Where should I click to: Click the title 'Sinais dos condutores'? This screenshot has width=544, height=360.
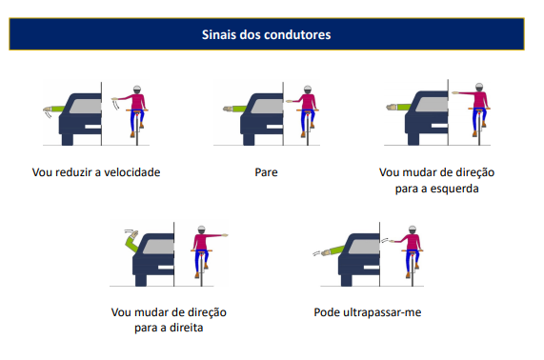[x=266, y=34]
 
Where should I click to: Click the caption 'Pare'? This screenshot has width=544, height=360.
[x=266, y=172]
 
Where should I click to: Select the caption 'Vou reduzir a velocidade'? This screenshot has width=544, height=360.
[x=96, y=172]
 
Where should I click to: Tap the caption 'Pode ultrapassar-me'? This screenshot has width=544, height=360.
[x=368, y=312]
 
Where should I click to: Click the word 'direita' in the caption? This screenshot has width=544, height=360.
[x=186, y=328]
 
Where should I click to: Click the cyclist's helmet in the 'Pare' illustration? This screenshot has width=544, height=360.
[x=308, y=90]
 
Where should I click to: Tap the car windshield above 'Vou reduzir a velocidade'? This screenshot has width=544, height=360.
[x=86, y=106]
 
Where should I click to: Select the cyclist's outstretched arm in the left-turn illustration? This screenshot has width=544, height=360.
[x=463, y=93]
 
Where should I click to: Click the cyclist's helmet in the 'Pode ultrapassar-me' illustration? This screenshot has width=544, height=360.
[x=413, y=230]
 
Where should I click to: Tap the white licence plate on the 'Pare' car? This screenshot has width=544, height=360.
[x=274, y=127]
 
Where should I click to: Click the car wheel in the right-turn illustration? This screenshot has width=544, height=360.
[x=141, y=280]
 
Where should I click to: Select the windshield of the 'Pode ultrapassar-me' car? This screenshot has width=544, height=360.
[x=364, y=247]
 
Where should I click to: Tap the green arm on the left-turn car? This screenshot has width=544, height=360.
[x=398, y=108]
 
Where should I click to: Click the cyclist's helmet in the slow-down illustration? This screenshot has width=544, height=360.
[x=137, y=90]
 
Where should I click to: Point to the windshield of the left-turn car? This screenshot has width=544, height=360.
[x=432, y=104]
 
